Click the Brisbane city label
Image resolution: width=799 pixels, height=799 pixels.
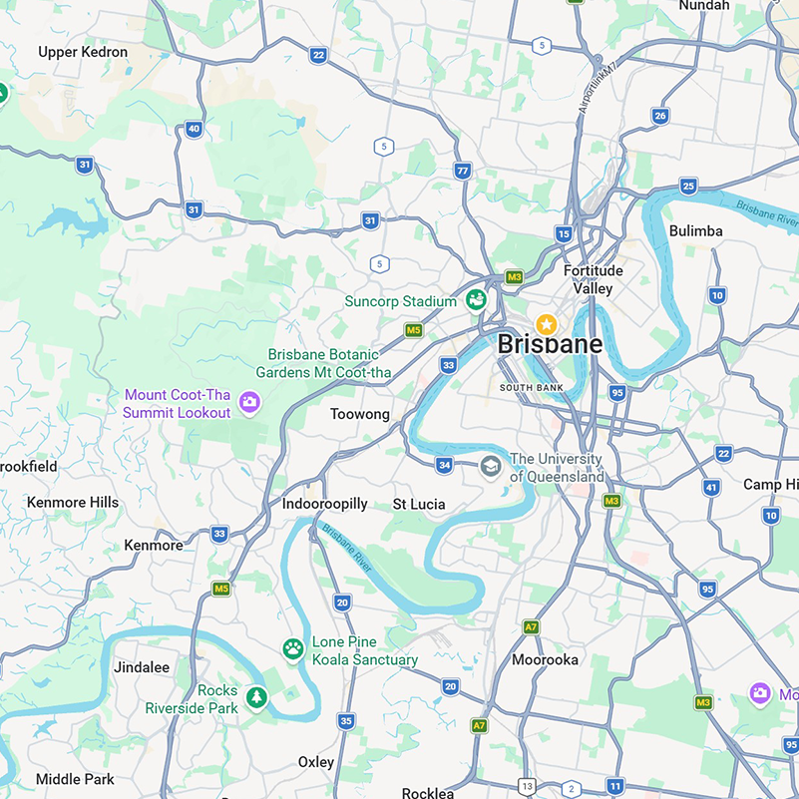[550, 344]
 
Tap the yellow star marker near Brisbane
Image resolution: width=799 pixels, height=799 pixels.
[546, 324]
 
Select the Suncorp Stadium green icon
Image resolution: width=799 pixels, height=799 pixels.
[476, 299]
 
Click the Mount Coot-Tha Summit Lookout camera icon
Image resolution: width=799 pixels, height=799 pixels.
[249, 403]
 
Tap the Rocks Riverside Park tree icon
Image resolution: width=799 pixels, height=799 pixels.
[257, 697]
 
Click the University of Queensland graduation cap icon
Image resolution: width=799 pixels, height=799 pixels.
[490, 466]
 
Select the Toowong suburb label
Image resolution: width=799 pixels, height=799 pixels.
[360, 414]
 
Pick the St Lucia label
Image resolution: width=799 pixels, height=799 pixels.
[419, 504]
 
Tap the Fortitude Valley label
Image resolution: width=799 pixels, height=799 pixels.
[593, 279]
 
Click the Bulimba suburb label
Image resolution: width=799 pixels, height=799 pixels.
[695, 230]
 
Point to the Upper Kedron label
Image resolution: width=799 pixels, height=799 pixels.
[83, 52]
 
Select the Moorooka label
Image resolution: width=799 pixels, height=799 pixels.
[545, 659]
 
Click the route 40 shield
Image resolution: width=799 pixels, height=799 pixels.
[194, 129]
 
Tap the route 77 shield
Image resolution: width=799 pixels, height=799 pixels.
[461, 171]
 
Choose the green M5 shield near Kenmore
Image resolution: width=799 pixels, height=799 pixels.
[221, 589]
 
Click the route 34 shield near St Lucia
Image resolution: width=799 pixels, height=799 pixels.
[444, 465]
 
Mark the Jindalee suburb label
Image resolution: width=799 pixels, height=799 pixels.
[142, 666]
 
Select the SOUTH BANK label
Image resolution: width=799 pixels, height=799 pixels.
[532, 387]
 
